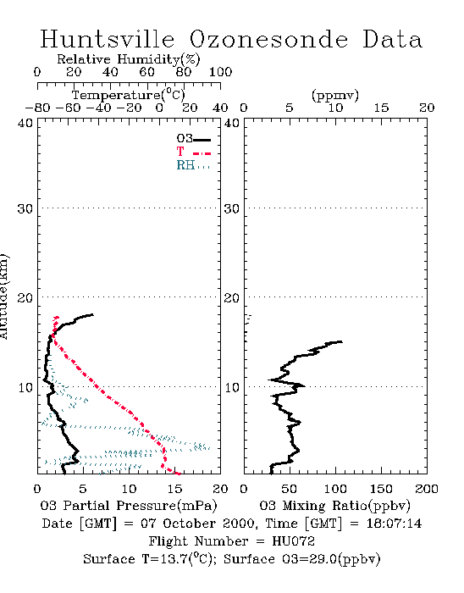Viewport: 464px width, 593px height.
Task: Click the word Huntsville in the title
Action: coord(108,39)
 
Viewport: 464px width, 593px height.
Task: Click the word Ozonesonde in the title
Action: coord(268,39)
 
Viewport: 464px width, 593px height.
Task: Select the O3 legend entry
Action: coord(193,139)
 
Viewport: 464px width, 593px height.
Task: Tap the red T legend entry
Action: coord(193,152)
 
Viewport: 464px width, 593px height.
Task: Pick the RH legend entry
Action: coord(193,165)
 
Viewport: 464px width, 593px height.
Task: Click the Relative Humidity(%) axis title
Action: coord(129,59)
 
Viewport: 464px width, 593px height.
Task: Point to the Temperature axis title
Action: coord(129,95)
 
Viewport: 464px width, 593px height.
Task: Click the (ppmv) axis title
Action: coord(335,96)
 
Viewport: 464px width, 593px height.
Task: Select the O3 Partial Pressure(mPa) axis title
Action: coord(129,506)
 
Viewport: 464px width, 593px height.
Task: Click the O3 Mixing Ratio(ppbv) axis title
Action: coord(334,506)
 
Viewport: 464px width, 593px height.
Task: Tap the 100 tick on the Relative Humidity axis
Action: coord(220,72)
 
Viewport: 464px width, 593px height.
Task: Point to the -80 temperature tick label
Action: coord(37,108)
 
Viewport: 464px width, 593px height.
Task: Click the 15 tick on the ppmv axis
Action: coord(381,108)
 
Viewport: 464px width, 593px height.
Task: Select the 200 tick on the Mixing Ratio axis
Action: coord(427,489)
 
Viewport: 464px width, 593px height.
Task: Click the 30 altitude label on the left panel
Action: coord(25,208)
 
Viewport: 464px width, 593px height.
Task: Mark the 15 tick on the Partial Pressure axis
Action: coord(174,489)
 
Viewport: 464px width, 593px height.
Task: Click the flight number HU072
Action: coord(293,541)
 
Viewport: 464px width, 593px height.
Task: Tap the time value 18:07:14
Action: coord(394,524)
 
